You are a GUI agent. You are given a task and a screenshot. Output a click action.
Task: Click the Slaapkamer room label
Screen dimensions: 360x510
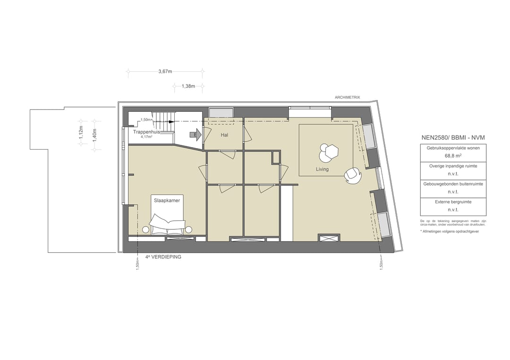coord(167,201)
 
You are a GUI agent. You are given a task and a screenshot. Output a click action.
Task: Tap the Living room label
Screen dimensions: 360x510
coord(323,169)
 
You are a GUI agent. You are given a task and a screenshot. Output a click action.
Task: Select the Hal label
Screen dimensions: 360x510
coord(224,135)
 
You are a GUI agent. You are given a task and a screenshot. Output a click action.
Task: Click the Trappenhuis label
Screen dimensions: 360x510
coord(146,132)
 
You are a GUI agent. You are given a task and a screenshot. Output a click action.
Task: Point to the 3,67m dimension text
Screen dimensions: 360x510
coord(165,72)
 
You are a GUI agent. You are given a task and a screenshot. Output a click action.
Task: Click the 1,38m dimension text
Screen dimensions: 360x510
coord(188,86)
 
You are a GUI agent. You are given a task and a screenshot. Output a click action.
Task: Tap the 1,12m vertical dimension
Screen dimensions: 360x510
coord(81,132)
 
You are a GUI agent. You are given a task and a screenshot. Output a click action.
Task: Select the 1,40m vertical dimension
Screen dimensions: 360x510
coord(94,135)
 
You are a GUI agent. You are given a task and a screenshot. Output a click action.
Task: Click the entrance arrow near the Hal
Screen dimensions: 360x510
coord(196,135)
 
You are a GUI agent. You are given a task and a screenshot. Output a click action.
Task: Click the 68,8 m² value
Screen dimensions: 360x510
coord(453,155)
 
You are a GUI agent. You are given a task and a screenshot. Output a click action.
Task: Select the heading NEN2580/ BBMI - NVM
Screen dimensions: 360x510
coord(453,138)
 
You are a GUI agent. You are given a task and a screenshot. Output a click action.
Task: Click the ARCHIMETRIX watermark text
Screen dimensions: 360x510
coord(347,98)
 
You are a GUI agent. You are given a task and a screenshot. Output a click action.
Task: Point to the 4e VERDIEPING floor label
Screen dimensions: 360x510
coord(163,257)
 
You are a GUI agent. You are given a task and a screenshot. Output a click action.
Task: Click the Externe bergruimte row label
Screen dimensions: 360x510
coord(453,202)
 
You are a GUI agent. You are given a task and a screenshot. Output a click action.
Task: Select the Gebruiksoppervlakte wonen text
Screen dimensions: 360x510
coord(453,148)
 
